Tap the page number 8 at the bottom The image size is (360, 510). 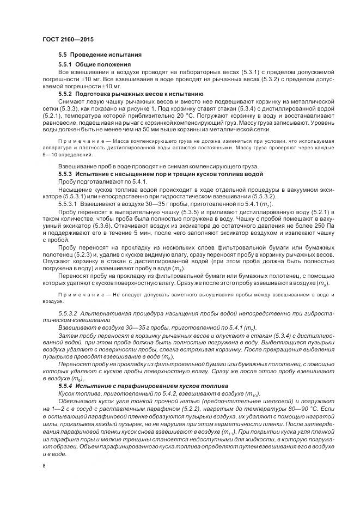click(x=44, y=466)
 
